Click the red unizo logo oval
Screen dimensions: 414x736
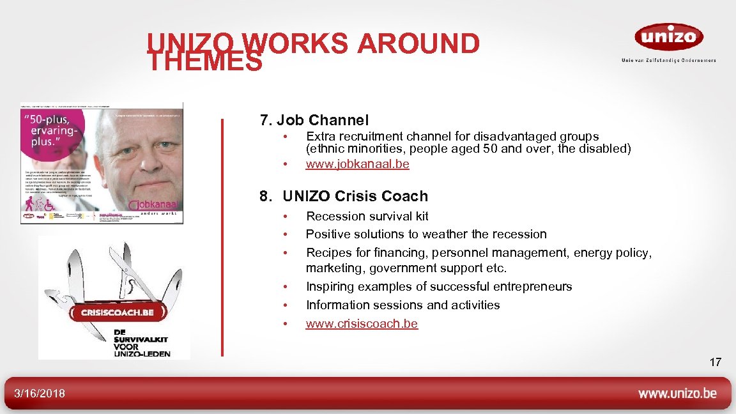tap(668, 36)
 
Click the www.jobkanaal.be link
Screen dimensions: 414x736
tap(357, 164)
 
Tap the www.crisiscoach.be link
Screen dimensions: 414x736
tap(362, 323)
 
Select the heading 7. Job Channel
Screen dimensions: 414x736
tap(314, 119)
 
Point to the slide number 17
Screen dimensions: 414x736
tap(715, 362)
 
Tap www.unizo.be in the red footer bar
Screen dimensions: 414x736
tap(677, 394)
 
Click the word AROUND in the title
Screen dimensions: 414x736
tap(418, 43)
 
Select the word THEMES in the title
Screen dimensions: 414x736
tap(204, 62)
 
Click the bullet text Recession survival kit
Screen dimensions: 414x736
tap(367, 216)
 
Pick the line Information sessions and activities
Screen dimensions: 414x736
tap(402, 305)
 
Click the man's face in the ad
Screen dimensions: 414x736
tap(137, 150)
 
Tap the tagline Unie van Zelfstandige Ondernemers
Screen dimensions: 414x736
tap(668, 60)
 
